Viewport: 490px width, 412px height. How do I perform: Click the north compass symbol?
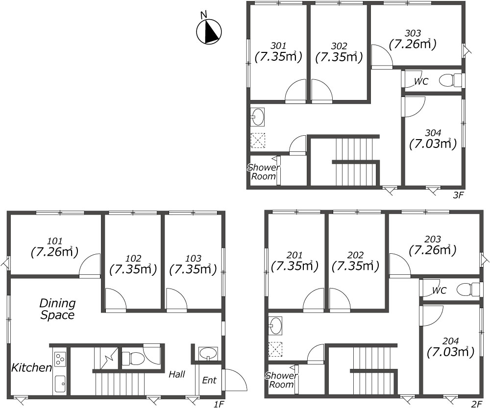coord(209,31)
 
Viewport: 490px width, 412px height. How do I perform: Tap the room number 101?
coord(55,241)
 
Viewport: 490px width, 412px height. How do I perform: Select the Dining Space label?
coord(57,309)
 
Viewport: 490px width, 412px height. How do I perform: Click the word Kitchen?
coord(31,367)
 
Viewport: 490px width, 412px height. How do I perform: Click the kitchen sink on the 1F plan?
coord(60,384)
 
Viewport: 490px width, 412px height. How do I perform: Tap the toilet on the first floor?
coord(131,358)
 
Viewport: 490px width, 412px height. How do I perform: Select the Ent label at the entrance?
coord(209,380)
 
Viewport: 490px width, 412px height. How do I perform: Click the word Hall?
coord(177,374)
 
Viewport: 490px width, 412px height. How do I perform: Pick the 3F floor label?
coord(458,195)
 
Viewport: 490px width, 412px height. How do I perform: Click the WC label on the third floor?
coord(421,81)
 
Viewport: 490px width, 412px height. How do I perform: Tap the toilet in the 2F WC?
coord(467,290)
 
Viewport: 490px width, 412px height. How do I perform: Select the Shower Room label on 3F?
coord(264,172)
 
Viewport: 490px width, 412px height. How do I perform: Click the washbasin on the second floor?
coord(275,325)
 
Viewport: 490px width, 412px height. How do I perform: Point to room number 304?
coord(433,133)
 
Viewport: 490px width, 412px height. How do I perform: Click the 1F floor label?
coord(219,405)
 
